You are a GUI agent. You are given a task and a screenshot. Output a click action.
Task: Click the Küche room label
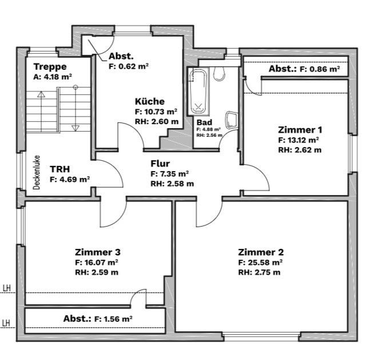(x=150, y=101)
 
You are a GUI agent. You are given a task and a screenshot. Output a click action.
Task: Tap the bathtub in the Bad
(x=198, y=91)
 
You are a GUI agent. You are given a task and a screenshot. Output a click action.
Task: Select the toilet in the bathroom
(x=219, y=73)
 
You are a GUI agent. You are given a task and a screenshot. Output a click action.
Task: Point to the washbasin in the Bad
(x=230, y=120)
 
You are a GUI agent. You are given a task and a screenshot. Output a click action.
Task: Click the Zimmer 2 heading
(x=261, y=252)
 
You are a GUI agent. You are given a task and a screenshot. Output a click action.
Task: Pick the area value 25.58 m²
(x=260, y=262)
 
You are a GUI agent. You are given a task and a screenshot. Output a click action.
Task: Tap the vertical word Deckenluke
(x=37, y=172)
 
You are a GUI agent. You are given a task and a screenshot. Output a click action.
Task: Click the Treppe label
(x=50, y=66)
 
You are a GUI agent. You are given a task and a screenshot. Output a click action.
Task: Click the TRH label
(x=60, y=169)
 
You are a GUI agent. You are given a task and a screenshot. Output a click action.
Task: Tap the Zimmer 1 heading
(x=300, y=130)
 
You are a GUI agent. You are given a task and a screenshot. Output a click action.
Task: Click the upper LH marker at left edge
(x=7, y=288)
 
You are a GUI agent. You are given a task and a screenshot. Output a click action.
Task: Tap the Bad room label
(x=204, y=122)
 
